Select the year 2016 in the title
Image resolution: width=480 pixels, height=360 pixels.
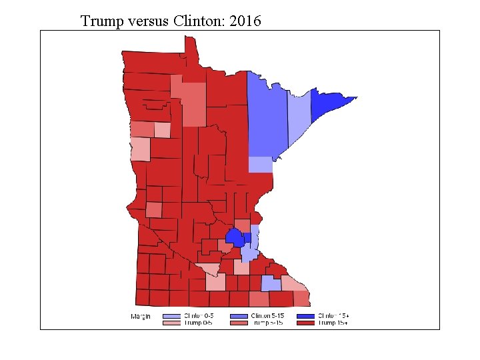tap(245, 21)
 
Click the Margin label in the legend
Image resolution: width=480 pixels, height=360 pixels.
tap(140, 316)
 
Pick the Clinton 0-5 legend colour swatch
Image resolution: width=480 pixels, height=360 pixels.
tap(171, 315)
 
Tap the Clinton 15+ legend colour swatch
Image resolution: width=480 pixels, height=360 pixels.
tap(305, 315)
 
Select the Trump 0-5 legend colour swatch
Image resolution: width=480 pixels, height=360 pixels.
tap(171, 323)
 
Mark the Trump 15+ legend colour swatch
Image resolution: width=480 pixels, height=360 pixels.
tap(305, 323)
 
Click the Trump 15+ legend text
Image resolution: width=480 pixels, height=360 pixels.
tap(333, 323)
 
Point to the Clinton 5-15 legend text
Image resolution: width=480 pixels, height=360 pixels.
tap(267, 315)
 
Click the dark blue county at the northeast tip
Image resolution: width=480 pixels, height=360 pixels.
tap(330, 103)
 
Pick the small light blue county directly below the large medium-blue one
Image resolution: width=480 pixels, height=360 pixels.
tap(260, 165)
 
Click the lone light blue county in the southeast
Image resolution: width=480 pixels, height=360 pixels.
tap(270, 284)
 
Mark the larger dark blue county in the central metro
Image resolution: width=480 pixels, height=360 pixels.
tap(234, 237)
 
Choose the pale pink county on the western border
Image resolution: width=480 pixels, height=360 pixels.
tap(140, 149)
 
